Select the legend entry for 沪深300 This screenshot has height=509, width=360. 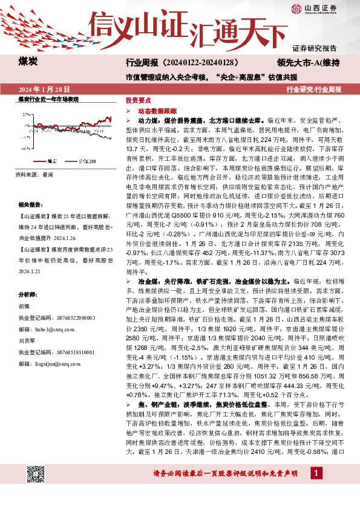pos(85,162)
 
